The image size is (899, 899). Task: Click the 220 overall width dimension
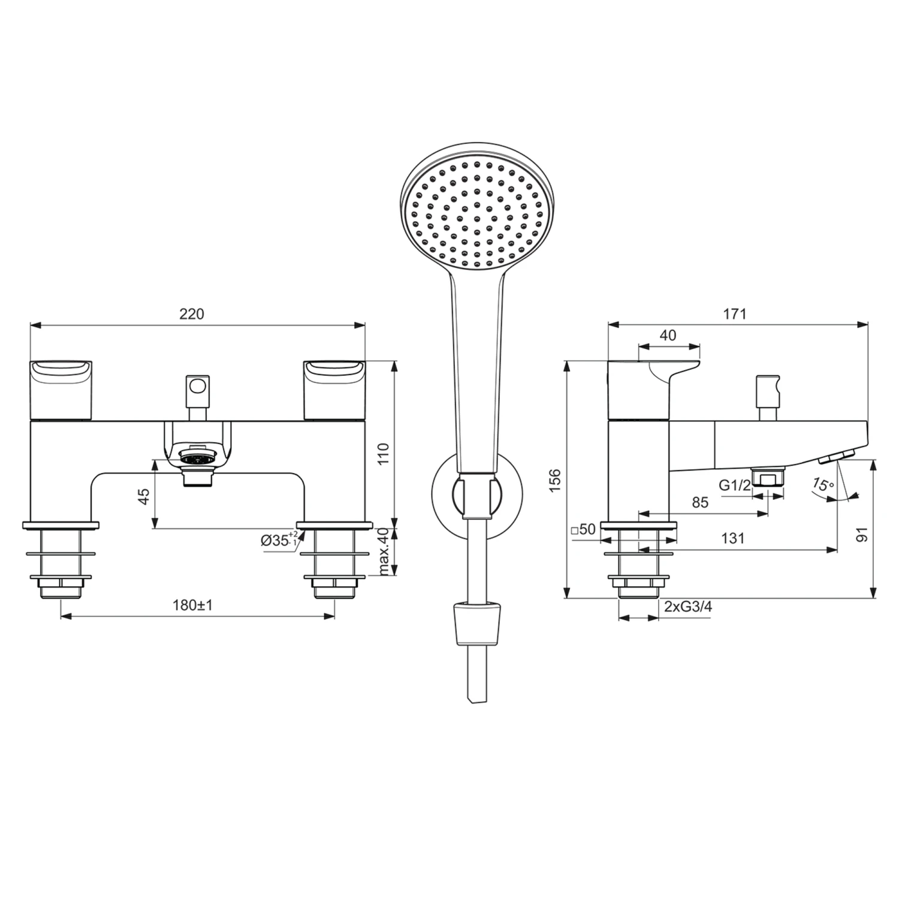pyautogui.click(x=192, y=314)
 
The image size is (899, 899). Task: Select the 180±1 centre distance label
pyautogui.click(x=192, y=605)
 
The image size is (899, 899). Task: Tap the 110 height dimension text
pyautogui.click(x=384, y=454)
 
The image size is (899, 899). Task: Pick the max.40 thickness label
pyautogui.click(x=384, y=551)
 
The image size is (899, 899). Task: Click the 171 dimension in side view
pyautogui.click(x=735, y=314)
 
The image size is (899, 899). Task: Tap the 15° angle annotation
pyautogui.click(x=823, y=484)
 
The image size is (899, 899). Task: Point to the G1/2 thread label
pyautogui.click(x=735, y=485)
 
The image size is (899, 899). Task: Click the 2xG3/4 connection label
pyautogui.click(x=688, y=607)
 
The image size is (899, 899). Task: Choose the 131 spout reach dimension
pyautogui.click(x=732, y=538)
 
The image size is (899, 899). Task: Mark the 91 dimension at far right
pyautogui.click(x=862, y=533)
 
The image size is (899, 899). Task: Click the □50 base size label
pyautogui.click(x=583, y=530)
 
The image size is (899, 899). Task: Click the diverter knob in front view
pyautogui.click(x=198, y=385)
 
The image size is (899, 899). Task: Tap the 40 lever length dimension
pyautogui.click(x=668, y=336)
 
